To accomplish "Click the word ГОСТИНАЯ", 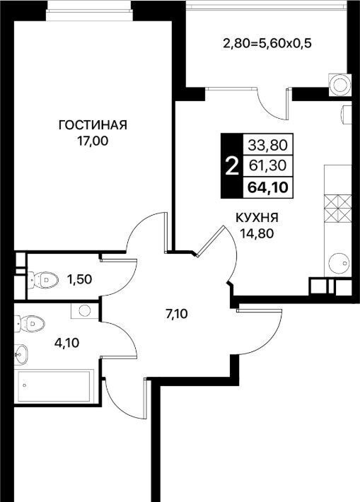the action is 93,125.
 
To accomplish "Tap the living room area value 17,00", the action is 92,141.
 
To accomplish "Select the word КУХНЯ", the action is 257,218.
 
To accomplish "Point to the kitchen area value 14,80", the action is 257,233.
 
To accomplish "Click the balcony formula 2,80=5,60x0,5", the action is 267,43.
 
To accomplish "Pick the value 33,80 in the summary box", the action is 268,146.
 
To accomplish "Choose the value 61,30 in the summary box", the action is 268,165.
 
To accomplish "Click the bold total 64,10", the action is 268,187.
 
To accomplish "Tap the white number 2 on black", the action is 232,167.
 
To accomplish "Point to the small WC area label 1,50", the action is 79,279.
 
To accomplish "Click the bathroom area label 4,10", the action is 66,343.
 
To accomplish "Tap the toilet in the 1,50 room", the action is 42,280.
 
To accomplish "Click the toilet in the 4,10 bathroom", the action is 30,323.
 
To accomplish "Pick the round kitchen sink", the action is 338,263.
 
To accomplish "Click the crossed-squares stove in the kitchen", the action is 338,209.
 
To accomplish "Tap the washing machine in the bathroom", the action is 85,310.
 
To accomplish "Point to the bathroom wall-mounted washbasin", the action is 21,354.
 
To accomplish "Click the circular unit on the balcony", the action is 339,85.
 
